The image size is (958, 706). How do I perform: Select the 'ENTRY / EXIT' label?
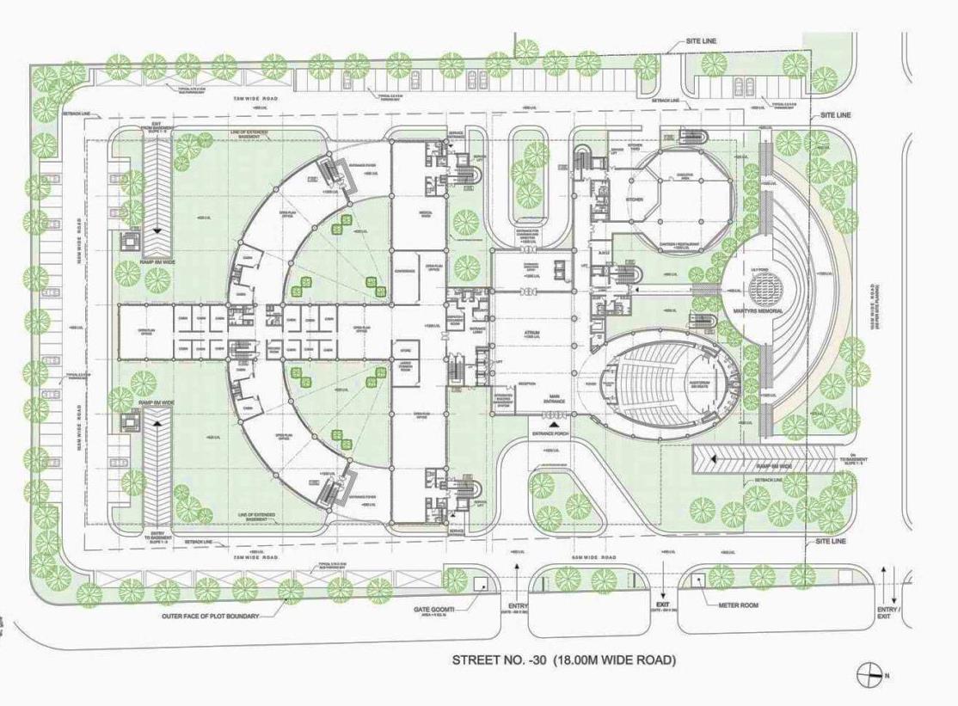click(x=887, y=614)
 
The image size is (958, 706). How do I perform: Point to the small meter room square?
click(x=697, y=580)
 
